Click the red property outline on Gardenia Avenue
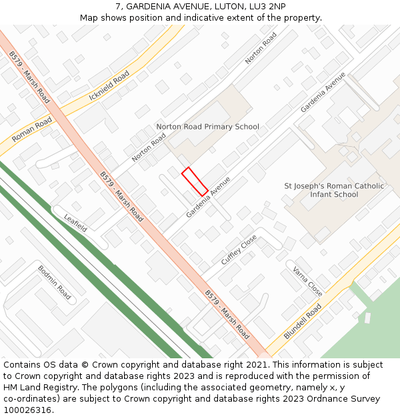point(195,181)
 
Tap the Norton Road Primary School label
point(207,127)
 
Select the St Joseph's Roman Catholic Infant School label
point(334,190)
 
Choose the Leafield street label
point(75,223)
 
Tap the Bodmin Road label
point(54,282)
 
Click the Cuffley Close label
point(239,250)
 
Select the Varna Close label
point(307,282)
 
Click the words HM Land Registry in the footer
point(34,388)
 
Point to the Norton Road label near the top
point(261,48)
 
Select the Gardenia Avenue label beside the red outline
point(208,197)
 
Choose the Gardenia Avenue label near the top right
point(323,92)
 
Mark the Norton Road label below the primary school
point(149,147)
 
